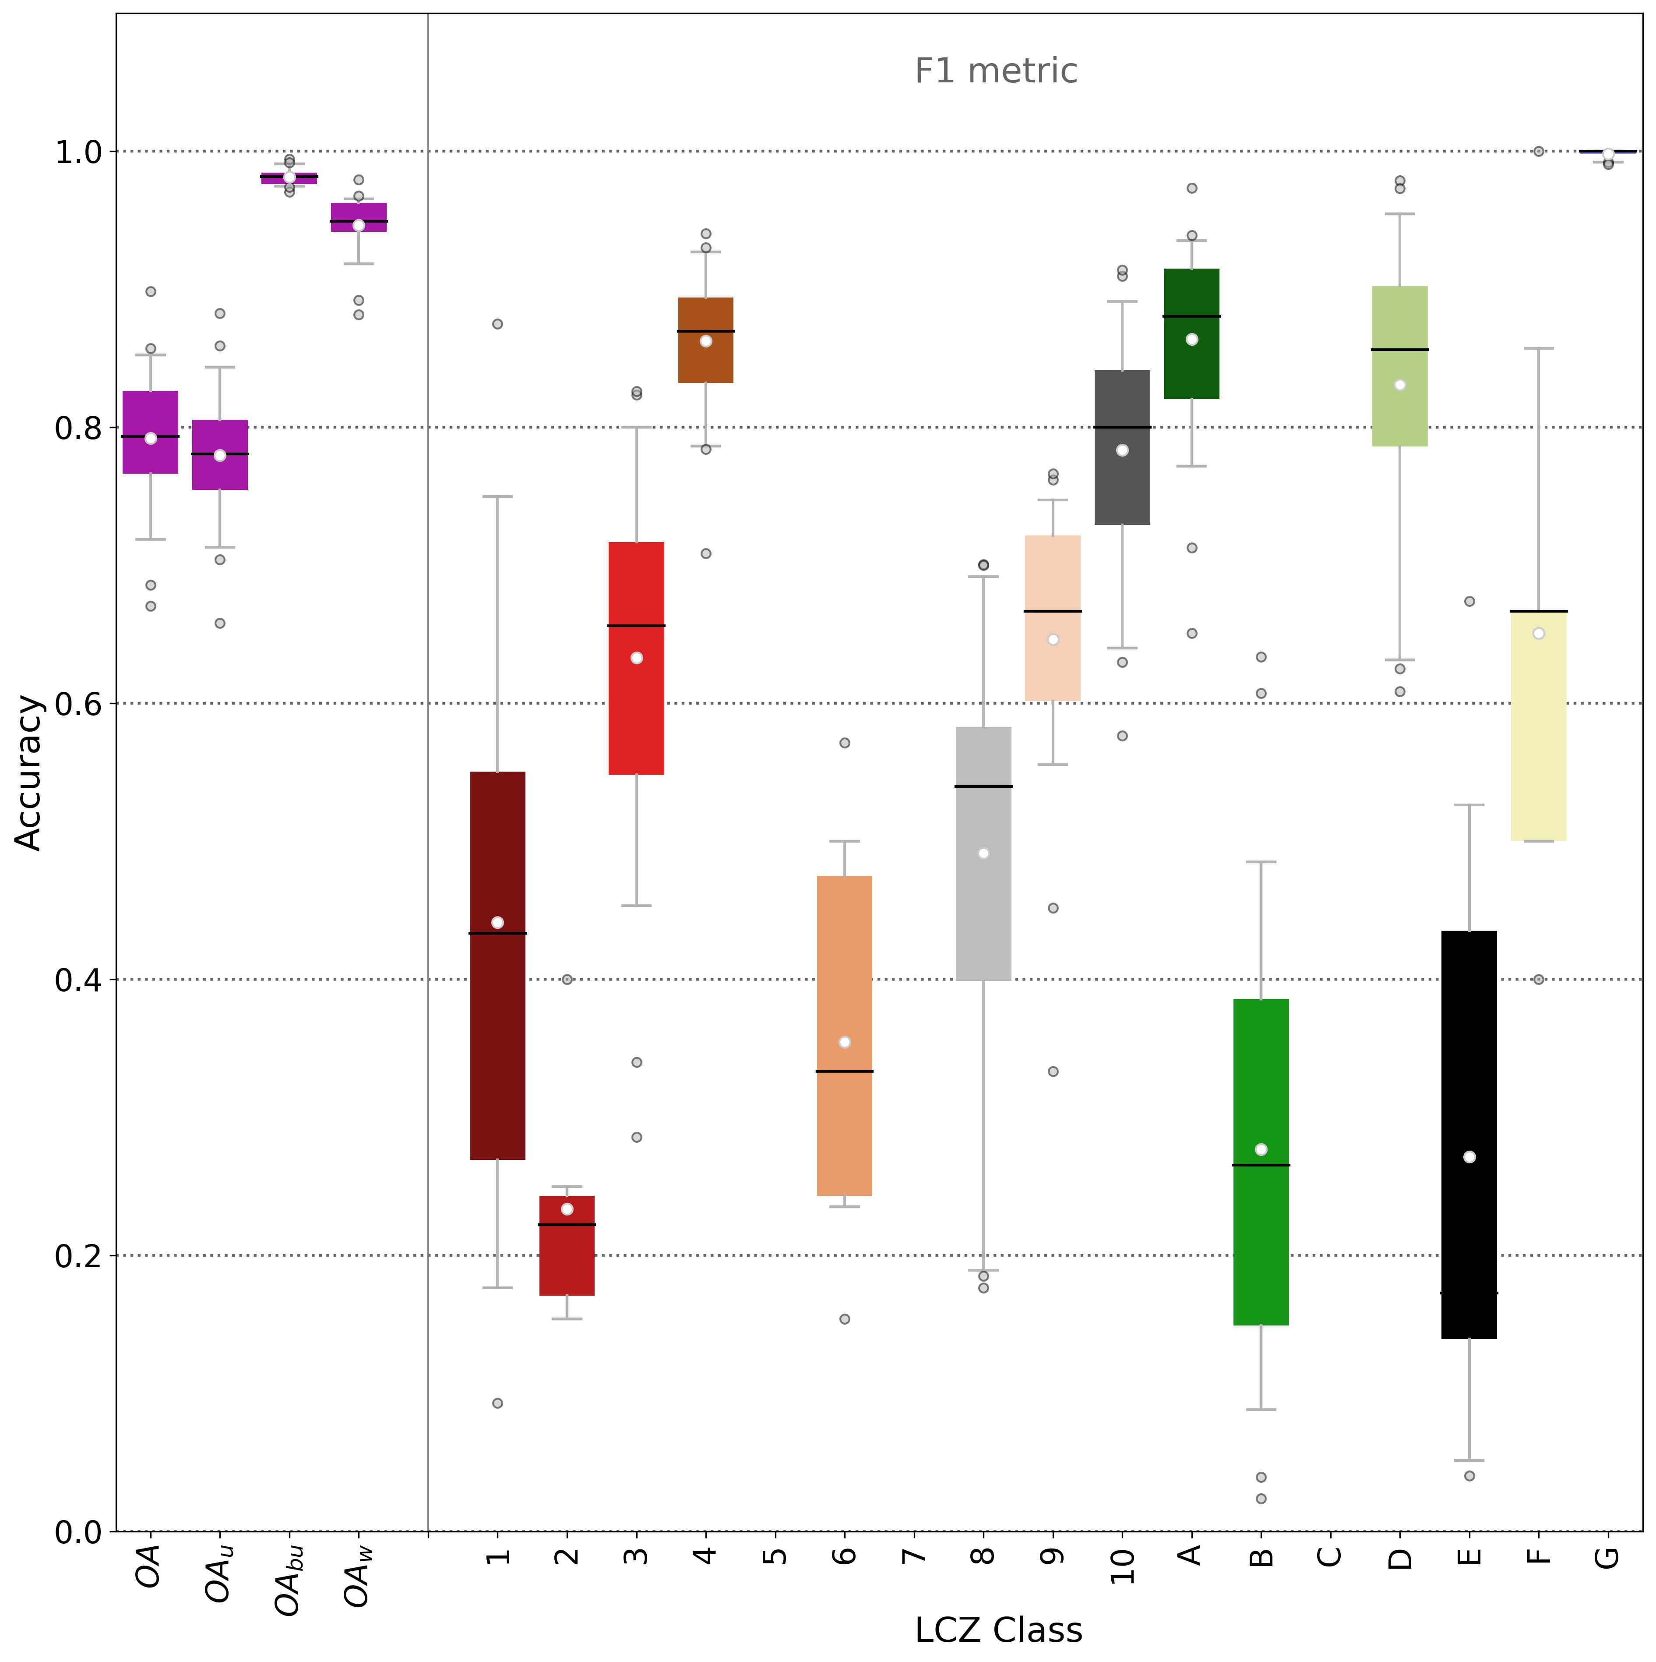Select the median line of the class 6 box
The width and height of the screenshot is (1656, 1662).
click(x=844, y=1071)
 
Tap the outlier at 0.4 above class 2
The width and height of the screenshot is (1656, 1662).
click(x=567, y=979)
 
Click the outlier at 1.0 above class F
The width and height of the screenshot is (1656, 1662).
click(x=1538, y=152)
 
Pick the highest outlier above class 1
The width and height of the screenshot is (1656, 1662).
click(x=497, y=324)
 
